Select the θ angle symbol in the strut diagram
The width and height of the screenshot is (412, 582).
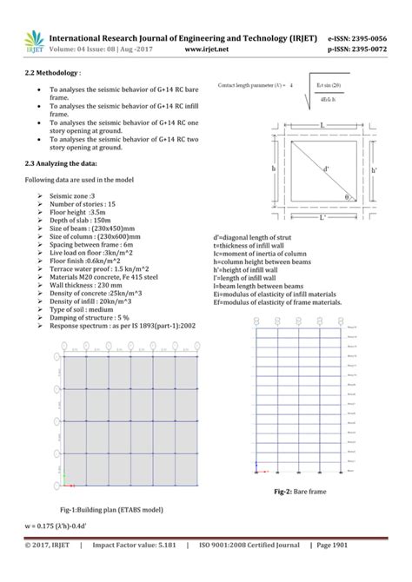click(348, 197)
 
